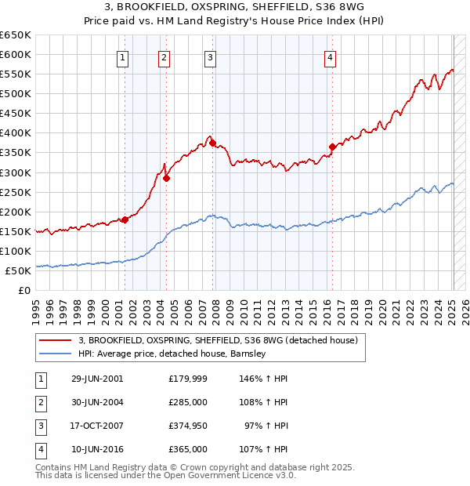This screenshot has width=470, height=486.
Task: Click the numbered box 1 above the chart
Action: point(124,56)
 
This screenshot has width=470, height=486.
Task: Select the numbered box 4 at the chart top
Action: point(331,56)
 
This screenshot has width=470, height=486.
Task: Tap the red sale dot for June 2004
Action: point(166,178)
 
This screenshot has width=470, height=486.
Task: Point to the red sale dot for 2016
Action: point(332,147)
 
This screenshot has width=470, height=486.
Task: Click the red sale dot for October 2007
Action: point(212,143)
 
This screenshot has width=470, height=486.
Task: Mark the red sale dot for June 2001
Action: point(125,219)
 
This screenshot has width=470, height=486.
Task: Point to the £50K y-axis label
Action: point(18,270)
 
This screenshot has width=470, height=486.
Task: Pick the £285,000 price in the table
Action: point(188,402)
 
